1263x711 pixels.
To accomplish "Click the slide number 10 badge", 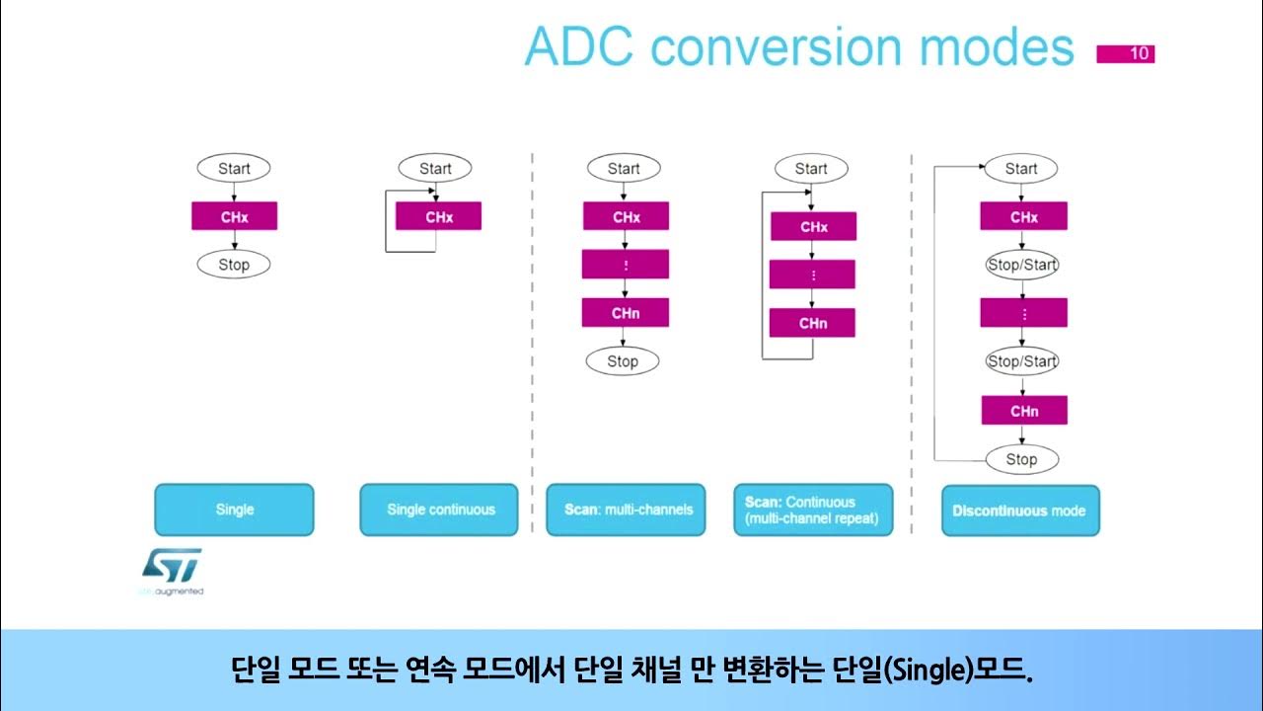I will click(x=1126, y=53).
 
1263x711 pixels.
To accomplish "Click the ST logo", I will click(x=172, y=567).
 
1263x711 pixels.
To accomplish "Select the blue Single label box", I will click(x=234, y=510).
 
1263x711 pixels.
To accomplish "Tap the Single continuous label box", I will click(x=439, y=510).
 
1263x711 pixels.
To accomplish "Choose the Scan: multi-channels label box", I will click(x=627, y=510).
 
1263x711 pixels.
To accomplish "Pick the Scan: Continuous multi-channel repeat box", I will click(x=813, y=510).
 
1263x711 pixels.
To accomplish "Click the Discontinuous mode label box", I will click(x=1020, y=511).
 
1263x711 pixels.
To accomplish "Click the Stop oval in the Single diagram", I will click(x=234, y=265).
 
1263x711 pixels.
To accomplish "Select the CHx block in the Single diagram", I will click(x=234, y=216).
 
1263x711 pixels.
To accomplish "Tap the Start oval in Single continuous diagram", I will click(x=435, y=168).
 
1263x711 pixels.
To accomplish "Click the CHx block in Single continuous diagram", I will click(x=438, y=216).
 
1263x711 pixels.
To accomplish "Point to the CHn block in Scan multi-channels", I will click(x=626, y=313).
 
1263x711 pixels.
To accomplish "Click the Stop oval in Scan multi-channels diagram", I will click(x=623, y=361).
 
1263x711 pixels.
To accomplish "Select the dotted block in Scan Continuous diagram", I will click(x=812, y=275).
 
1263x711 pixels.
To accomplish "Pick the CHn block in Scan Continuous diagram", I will click(x=812, y=323).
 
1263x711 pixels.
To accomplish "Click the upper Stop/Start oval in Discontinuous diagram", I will click(x=1022, y=265).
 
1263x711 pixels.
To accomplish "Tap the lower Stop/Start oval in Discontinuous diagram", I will click(x=1022, y=361).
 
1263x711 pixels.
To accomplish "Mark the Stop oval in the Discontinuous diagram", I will click(x=1021, y=459).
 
